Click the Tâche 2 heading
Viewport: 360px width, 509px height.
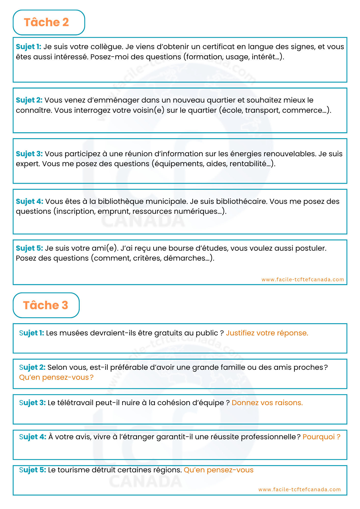pos(46,22)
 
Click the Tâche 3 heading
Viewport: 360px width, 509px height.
pos(46,305)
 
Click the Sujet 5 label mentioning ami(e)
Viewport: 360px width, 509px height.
pos(29,248)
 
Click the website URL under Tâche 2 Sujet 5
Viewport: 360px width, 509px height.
pos(303,279)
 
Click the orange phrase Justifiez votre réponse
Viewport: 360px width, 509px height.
pos(267,333)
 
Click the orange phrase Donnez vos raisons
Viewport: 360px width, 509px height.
pos(267,403)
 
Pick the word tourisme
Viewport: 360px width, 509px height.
pos(73,470)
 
